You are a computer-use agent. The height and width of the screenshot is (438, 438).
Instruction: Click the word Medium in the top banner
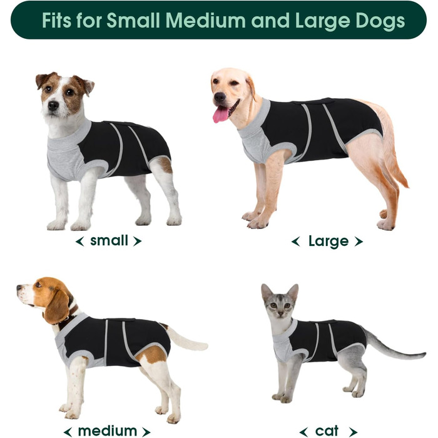[205, 21]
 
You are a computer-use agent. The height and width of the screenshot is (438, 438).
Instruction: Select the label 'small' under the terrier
[109, 240]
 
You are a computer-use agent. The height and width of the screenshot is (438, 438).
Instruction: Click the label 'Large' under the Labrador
[328, 242]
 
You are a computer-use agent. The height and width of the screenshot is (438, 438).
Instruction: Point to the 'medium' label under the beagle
[107, 431]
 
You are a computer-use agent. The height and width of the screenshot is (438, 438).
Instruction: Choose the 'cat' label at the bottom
[327, 431]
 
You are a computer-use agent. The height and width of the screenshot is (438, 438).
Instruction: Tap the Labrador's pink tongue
[221, 114]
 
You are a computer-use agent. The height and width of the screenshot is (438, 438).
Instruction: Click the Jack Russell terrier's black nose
[53, 105]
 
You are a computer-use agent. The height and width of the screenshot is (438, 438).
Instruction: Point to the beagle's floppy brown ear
[57, 307]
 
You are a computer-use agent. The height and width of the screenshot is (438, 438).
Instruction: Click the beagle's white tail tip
[201, 346]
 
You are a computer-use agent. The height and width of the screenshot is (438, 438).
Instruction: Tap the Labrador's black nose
[220, 96]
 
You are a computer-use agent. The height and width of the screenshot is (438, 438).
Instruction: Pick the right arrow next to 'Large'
[359, 242]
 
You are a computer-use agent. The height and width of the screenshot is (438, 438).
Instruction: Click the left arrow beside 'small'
[80, 242]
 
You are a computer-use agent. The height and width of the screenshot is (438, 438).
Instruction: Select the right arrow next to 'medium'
[146, 432]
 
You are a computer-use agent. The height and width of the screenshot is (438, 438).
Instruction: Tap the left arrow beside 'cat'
[303, 432]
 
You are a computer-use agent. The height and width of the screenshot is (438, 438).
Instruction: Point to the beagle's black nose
[19, 287]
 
